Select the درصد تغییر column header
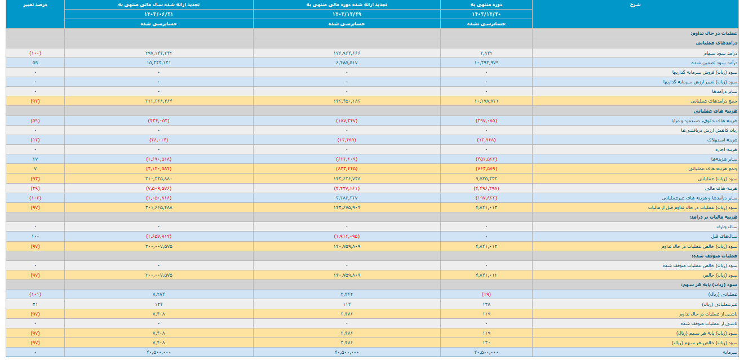click(x=36, y=5)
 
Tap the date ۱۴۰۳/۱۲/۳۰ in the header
click(x=486, y=14)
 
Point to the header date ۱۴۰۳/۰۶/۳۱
click(x=158, y=14)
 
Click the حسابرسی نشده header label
click(x=486, y=24)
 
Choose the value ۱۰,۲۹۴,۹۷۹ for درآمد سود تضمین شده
click(x=486, y=63)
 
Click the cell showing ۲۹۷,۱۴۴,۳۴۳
click(x=158, y=53)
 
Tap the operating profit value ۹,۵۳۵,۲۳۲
click(x=486, y=178)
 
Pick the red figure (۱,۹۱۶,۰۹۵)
click(x=346, y=236)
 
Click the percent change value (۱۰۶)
click(x=36, y=198)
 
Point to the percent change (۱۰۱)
click(x=36, y=294)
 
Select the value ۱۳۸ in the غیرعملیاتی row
click(x=486, y=304)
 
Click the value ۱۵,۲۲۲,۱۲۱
click(x=158, y=63)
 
